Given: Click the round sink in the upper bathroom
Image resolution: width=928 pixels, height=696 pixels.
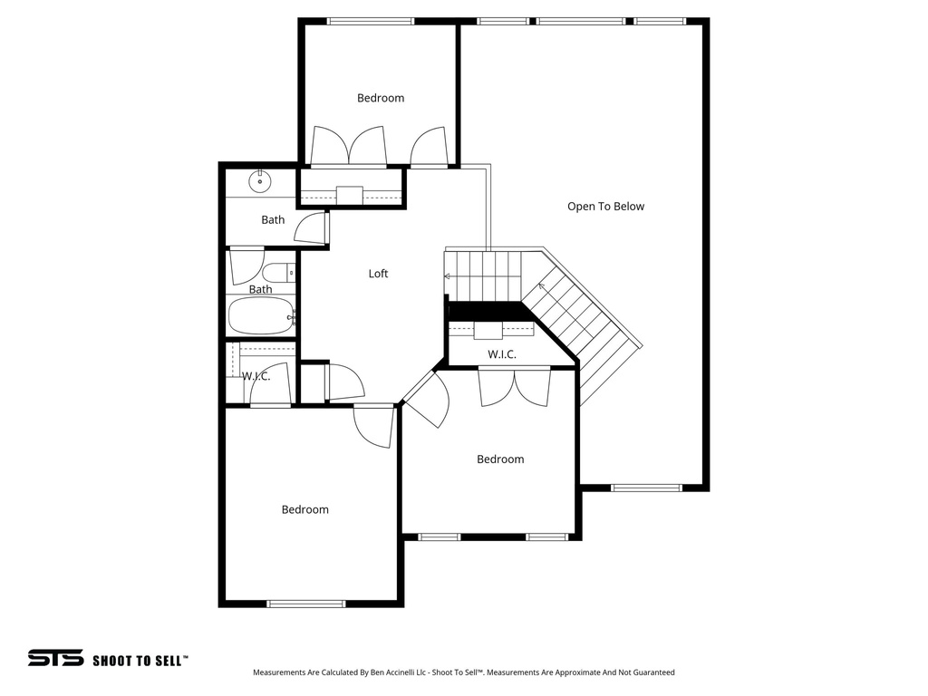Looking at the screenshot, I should (260, 181).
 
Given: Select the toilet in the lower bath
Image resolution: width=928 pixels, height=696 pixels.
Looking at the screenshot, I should (276, 271).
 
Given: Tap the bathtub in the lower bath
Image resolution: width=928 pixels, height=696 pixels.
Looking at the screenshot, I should (260, 316).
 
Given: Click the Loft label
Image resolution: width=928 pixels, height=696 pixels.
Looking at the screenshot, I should (378, 274).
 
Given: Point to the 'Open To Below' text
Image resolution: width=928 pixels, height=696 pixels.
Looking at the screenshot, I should (605, 207).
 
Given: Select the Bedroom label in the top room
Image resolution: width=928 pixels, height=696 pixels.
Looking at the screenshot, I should (381, 98).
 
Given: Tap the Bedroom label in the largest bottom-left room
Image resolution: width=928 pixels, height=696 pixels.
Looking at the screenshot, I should (304, 510).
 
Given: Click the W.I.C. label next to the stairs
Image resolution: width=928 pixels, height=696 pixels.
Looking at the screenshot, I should (502, 354).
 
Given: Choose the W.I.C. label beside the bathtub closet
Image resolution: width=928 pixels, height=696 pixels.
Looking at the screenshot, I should (256, 375).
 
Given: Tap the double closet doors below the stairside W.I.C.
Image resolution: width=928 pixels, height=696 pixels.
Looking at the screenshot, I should (514, 386).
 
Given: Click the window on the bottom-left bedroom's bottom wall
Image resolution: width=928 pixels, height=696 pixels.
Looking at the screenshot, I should (306, 603).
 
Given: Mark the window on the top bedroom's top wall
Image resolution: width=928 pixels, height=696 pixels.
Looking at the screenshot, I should (370, 22).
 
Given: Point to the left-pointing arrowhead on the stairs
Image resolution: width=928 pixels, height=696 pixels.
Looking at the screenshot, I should (447, 275).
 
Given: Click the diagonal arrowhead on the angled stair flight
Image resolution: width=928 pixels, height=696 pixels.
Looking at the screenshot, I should (542, 287).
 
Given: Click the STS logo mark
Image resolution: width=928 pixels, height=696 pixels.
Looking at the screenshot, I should (55, 659).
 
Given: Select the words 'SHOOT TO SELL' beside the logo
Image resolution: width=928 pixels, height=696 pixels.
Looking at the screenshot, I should (140, 661).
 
